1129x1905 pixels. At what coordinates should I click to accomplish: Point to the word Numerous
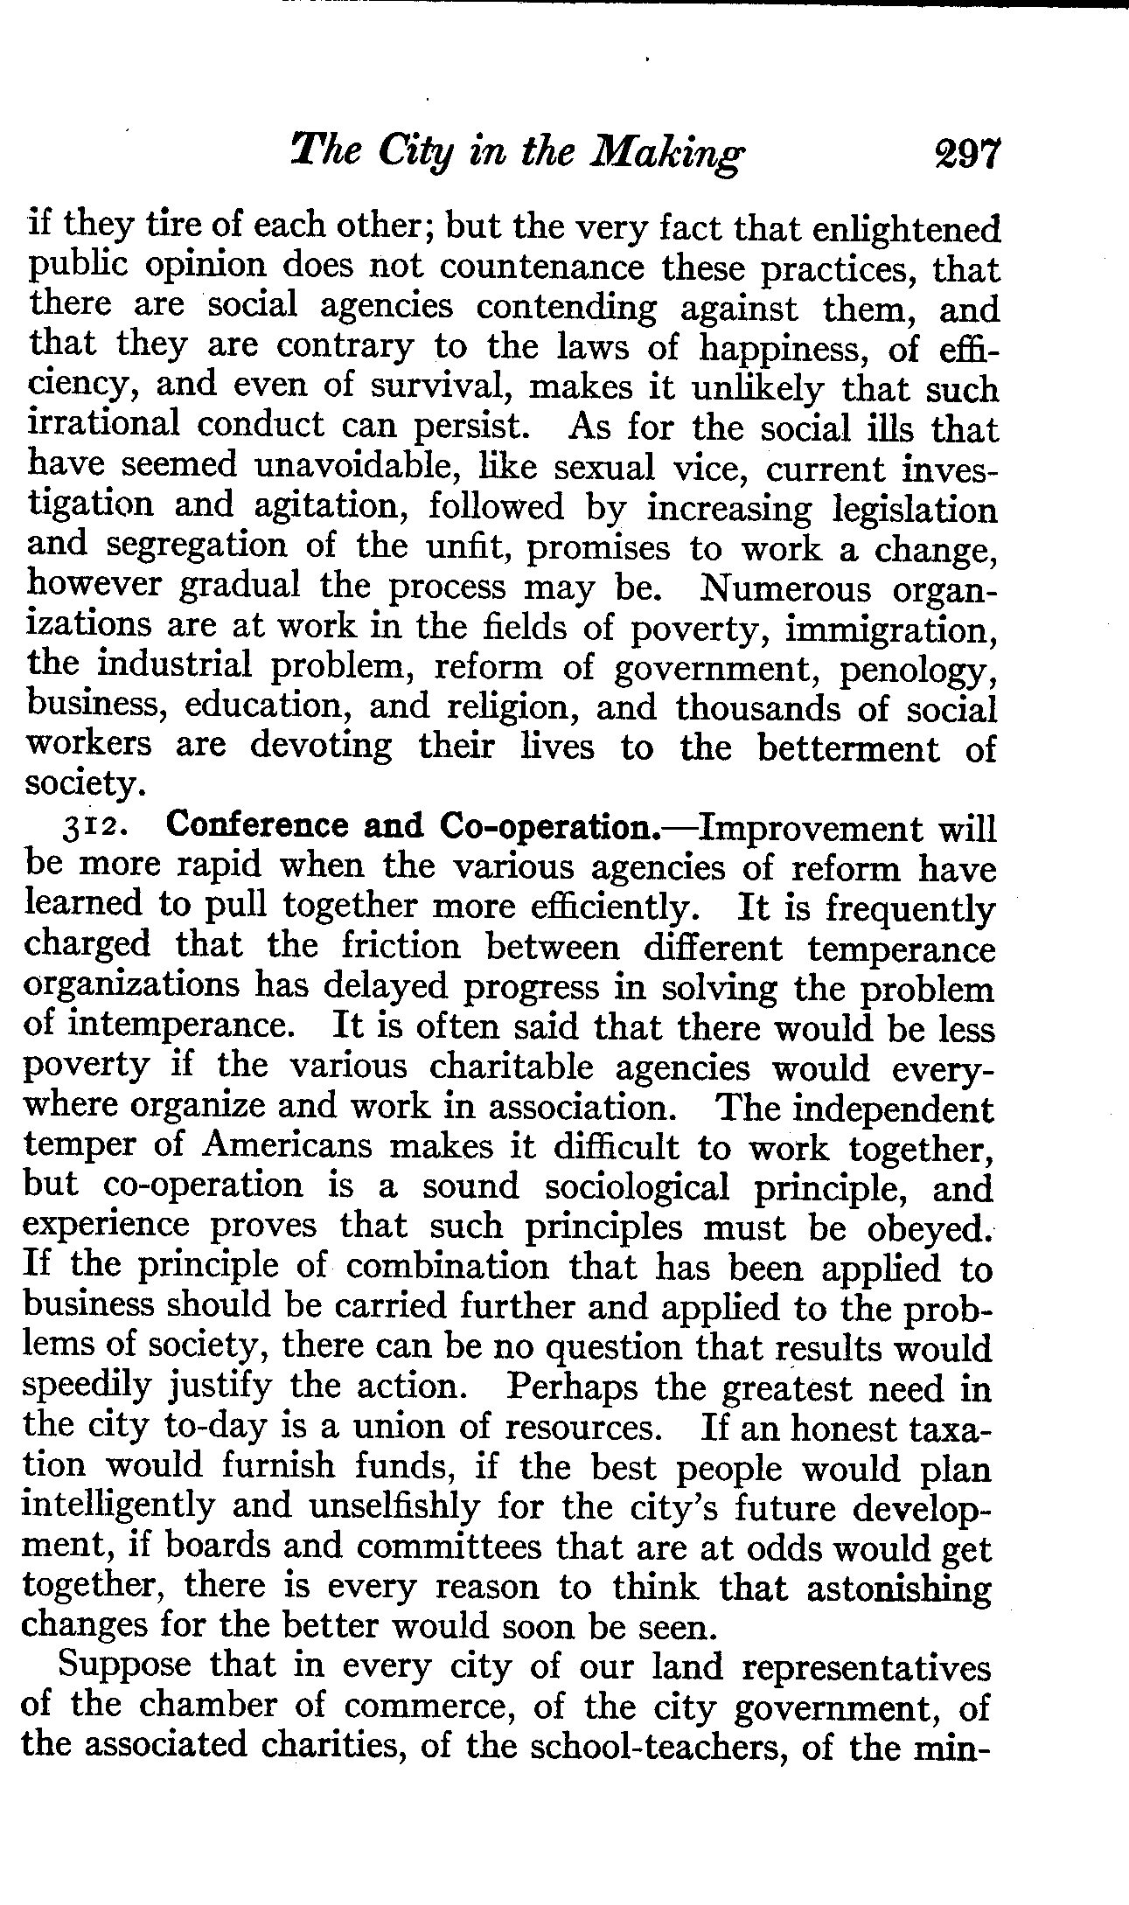784,587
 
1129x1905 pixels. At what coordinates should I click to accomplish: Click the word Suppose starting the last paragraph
123,1666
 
